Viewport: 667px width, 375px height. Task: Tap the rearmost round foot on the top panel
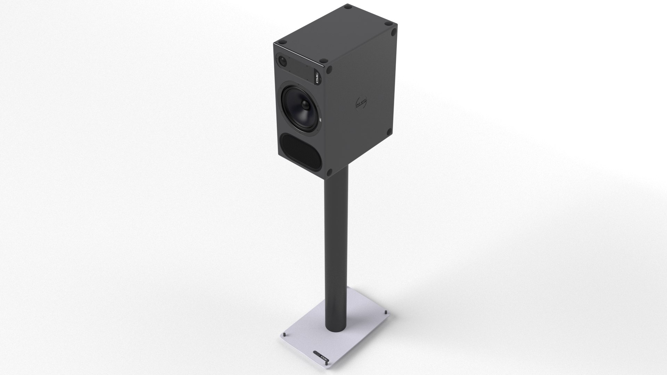click(347, 7)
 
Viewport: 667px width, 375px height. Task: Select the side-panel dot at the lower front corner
click(329, 171)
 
